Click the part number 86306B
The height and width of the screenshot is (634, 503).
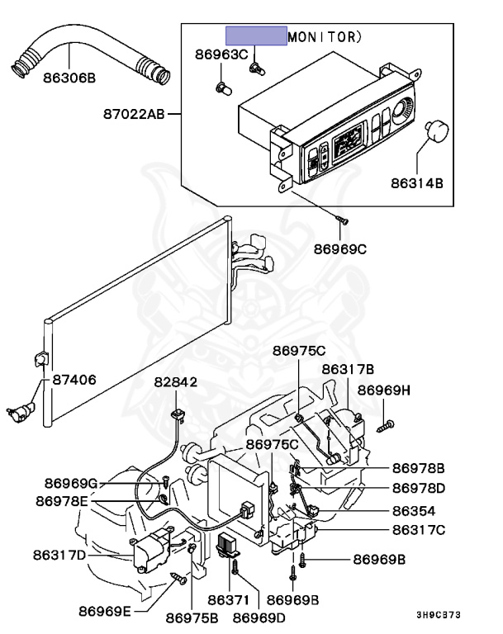tap(69, 78)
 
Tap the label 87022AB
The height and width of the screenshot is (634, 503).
tap(135, 114)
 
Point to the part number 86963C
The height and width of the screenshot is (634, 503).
tap(221, 55)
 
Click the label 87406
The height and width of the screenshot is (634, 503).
tap(74, 381)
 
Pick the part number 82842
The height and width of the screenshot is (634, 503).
tap(175, 381)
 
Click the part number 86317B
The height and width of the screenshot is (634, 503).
tap(348, 369)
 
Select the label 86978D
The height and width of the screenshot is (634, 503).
tap(418, 488)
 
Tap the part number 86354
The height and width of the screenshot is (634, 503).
tap(414, 511)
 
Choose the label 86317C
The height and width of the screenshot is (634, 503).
tap(418, 531)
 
